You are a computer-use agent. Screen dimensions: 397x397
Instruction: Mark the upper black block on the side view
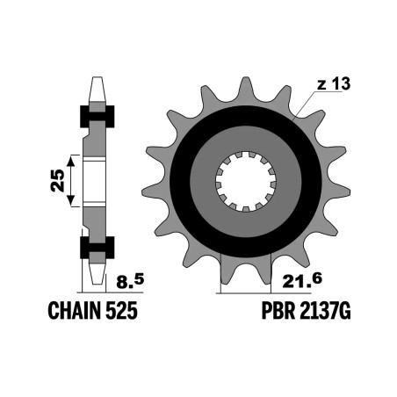(97, 115)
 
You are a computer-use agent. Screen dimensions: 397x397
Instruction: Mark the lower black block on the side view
(97, 248)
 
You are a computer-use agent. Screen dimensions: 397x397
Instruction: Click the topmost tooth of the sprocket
(244, 87)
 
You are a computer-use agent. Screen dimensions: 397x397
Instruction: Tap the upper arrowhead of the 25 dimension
(74, 156)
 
